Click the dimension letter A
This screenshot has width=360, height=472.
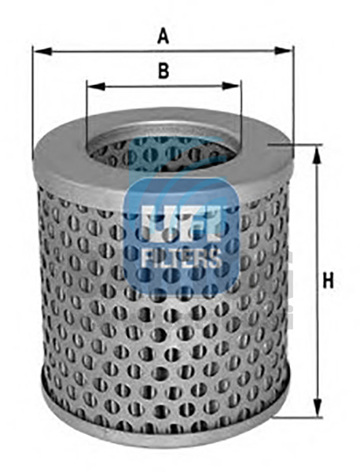point(163,36)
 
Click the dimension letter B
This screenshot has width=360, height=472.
point(163,71)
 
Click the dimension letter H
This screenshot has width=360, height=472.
point(328,281)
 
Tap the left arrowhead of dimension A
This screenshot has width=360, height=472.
point(42,51)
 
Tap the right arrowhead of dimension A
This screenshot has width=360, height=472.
point(283,51)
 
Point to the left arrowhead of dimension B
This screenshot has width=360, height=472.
point(96,87)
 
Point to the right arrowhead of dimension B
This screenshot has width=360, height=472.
point(231,87)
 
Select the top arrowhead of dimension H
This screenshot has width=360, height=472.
point(316,155)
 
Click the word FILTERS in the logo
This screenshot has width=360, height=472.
point(182,258)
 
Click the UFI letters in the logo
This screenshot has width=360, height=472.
point(182,223)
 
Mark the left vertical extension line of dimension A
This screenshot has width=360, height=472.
point(32,102)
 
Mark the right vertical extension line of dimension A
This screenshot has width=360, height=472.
point(292,93)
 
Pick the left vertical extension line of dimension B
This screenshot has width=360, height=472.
point(86,113)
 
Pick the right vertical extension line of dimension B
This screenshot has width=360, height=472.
point(241,111)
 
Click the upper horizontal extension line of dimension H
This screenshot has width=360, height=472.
point(296,145)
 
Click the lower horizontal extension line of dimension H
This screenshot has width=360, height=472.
point(298,418)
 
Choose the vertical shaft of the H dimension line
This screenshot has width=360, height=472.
point(317,281)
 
